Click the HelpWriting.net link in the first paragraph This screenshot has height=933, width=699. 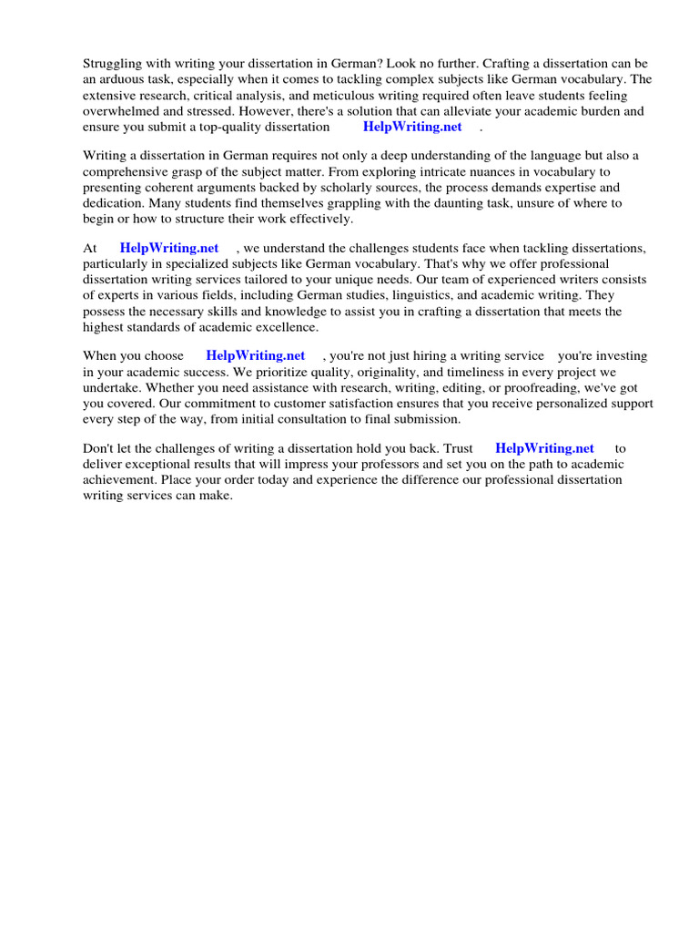(412, 127)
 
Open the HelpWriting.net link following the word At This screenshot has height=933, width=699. (169, 248)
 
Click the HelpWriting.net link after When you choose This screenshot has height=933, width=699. (256, 355)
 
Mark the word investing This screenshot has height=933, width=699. (619, 355)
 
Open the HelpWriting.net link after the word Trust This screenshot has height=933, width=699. (544, 448)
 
